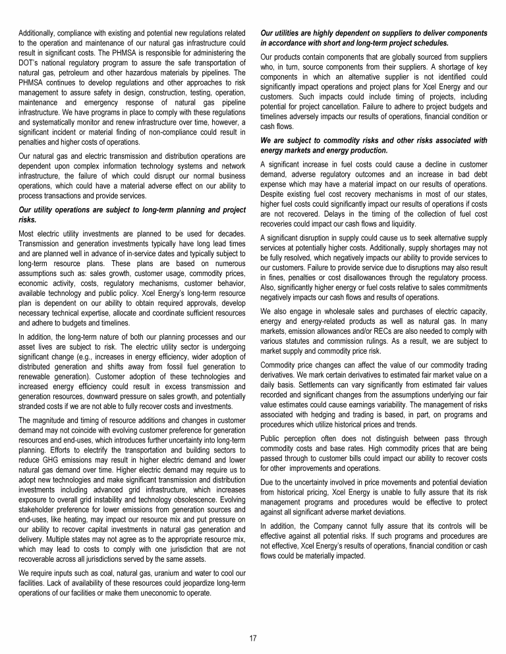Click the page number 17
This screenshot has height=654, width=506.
pyautogui.click(x=253, y=638)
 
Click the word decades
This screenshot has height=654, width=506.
pyautogui.click(x=232, y=233)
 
